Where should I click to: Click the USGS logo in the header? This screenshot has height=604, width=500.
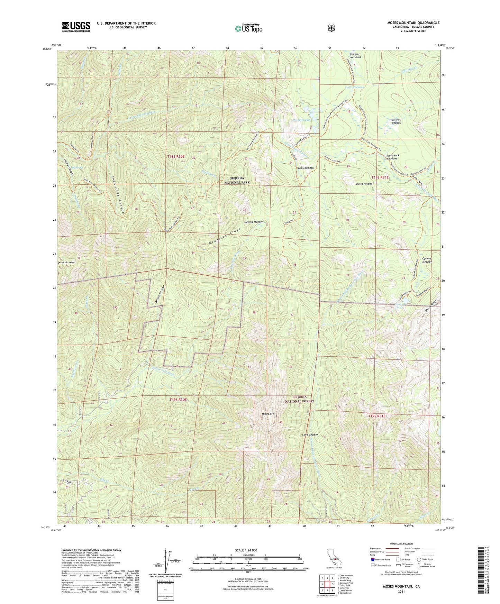click(76, 27)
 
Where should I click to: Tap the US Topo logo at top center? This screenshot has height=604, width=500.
click(248, 28)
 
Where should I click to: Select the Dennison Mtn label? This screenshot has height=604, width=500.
click(66, 263)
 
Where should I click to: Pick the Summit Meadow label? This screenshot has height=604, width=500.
click(253, 222)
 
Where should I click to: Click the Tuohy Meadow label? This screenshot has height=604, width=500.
click(305, 168)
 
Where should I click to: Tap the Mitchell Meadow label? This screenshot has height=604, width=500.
click(396, 121)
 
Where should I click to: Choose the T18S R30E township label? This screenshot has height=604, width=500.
click(176, 157)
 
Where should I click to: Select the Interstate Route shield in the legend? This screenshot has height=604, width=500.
click(372, 559)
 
